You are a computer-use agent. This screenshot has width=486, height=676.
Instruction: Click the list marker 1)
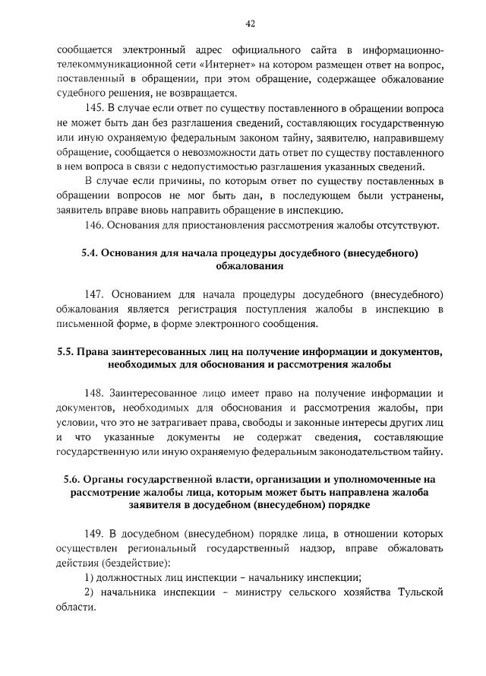click(x=90, y=577)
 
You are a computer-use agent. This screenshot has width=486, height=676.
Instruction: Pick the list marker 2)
click(x=90, y=592)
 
